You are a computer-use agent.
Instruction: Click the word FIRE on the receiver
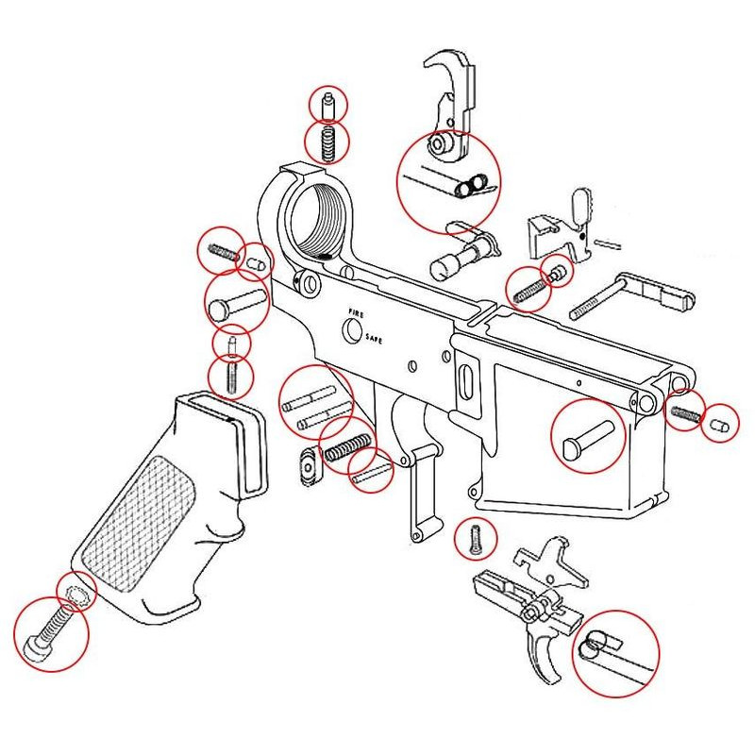(x=356, y=312)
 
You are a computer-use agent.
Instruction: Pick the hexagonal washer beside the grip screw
(x=75, y=594)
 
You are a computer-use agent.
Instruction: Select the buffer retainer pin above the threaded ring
(x=327, y=105)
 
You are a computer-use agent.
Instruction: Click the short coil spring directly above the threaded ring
(x=327, y=143)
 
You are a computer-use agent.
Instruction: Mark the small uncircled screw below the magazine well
(x=476, y=539)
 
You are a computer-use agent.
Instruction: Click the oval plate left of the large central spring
(x=307, y=465)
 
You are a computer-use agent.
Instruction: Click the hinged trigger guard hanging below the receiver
(x=420, y=500)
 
